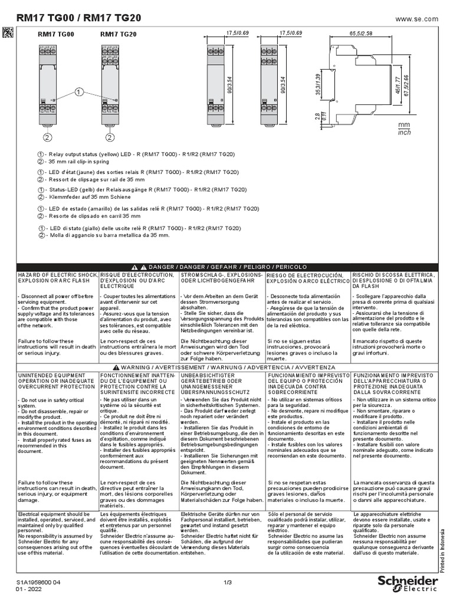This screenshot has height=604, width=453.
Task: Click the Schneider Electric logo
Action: [408, 583]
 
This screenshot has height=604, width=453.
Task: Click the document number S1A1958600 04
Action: [39, 582]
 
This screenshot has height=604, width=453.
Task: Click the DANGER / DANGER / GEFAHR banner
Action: [226, 267]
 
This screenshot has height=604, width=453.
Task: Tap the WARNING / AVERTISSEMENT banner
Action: [226, 367]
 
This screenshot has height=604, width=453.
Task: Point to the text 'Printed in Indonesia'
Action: [442, 549]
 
